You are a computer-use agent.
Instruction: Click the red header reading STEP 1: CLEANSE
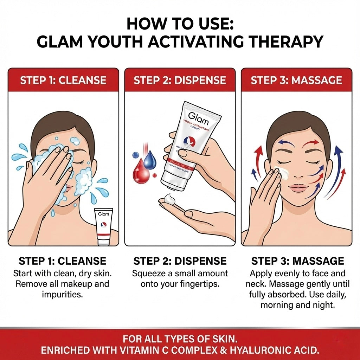coord(63,80)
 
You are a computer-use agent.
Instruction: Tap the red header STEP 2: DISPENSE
coord(180,80)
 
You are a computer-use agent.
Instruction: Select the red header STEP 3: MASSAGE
coord(296,80)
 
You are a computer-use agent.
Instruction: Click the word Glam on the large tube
coord(198,118)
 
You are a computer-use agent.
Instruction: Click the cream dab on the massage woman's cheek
coord(283,173)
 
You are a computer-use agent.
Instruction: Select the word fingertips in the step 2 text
coord(199,284)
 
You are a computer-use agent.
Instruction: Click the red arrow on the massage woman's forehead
coord(311,142)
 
